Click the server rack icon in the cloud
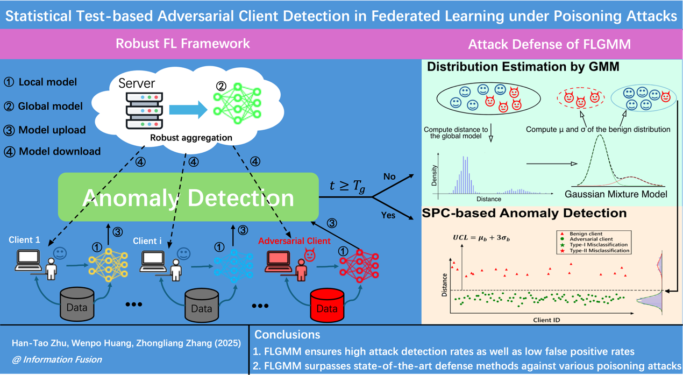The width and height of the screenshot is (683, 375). (144, 110)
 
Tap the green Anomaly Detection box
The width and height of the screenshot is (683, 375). (188, 197)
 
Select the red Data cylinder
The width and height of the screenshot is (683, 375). (327, 305)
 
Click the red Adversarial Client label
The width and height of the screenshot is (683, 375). (294, 241)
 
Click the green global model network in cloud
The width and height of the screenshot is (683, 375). (237, 103)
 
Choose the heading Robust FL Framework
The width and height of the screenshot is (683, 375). (183, 44)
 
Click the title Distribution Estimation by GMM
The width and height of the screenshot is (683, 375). (523, 67)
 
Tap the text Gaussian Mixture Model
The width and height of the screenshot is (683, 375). (616, 194)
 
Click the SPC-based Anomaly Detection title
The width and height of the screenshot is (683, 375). (524, 213)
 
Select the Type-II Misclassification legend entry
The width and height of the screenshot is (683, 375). (596, 251)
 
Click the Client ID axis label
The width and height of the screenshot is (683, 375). (546, 320)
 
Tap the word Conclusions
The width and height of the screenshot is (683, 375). (287, 335)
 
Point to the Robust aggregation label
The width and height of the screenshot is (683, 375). (191, 138)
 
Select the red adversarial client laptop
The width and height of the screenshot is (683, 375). (278, 260)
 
